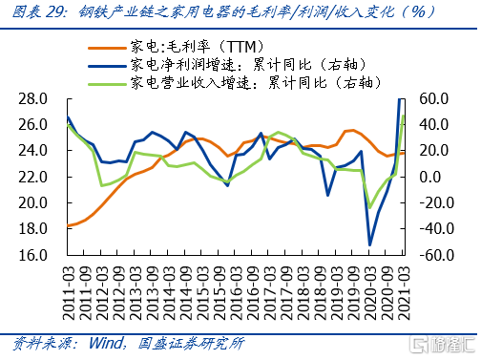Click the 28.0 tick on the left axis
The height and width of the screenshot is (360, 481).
(32, 99)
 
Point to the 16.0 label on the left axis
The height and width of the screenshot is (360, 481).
(32, 255)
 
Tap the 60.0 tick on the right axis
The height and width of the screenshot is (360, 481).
(433, 99)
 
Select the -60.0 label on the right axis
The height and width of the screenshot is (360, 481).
(436, 255)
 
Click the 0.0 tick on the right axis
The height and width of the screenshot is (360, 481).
(430, 177)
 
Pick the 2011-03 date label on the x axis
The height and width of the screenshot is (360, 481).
(69, 293)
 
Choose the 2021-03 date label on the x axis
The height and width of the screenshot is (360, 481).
(404, 293)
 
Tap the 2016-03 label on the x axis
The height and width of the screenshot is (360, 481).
(236, 293)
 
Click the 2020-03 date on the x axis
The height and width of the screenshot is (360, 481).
(370, 293)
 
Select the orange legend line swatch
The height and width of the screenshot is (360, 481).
(107, 49)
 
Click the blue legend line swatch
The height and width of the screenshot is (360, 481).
(107, 66)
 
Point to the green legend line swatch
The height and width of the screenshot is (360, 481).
(107, 84)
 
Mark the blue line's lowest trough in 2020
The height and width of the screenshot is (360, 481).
(369, 245)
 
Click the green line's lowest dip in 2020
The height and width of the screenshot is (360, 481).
(369, 208)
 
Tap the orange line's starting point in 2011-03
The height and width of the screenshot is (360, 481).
(68, 226)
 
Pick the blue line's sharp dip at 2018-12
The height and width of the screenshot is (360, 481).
(327, 195)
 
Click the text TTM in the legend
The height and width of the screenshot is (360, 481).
(241, 47)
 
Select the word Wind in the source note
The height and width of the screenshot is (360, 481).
(106, 343)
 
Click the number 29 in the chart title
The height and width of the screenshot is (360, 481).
(54, 12)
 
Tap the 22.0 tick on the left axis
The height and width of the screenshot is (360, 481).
(32, 177)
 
